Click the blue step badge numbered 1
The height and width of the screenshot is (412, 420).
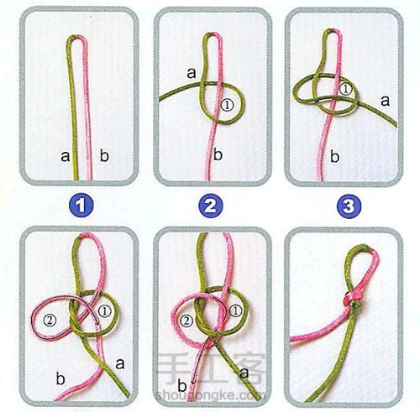(81, 206)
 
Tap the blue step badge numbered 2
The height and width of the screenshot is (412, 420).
(211, 206)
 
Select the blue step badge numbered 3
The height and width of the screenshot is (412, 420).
(349, 206)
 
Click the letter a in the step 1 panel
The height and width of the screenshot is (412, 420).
(65, 156)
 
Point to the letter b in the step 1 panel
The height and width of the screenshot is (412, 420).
(104, 155)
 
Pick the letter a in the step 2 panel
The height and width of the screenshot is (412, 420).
(192, 73)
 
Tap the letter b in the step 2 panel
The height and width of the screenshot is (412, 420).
(218, 154)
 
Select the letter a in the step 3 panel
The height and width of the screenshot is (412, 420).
(386, 100)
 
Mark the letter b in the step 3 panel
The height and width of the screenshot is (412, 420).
(334, 156)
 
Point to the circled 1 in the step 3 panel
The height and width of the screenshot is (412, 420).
(345, 89)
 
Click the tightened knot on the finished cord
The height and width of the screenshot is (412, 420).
(353, 301)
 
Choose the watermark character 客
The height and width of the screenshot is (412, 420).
(249, 368)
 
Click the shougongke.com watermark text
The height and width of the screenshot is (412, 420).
(207, 395)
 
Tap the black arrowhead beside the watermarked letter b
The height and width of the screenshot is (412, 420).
(193, 382)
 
